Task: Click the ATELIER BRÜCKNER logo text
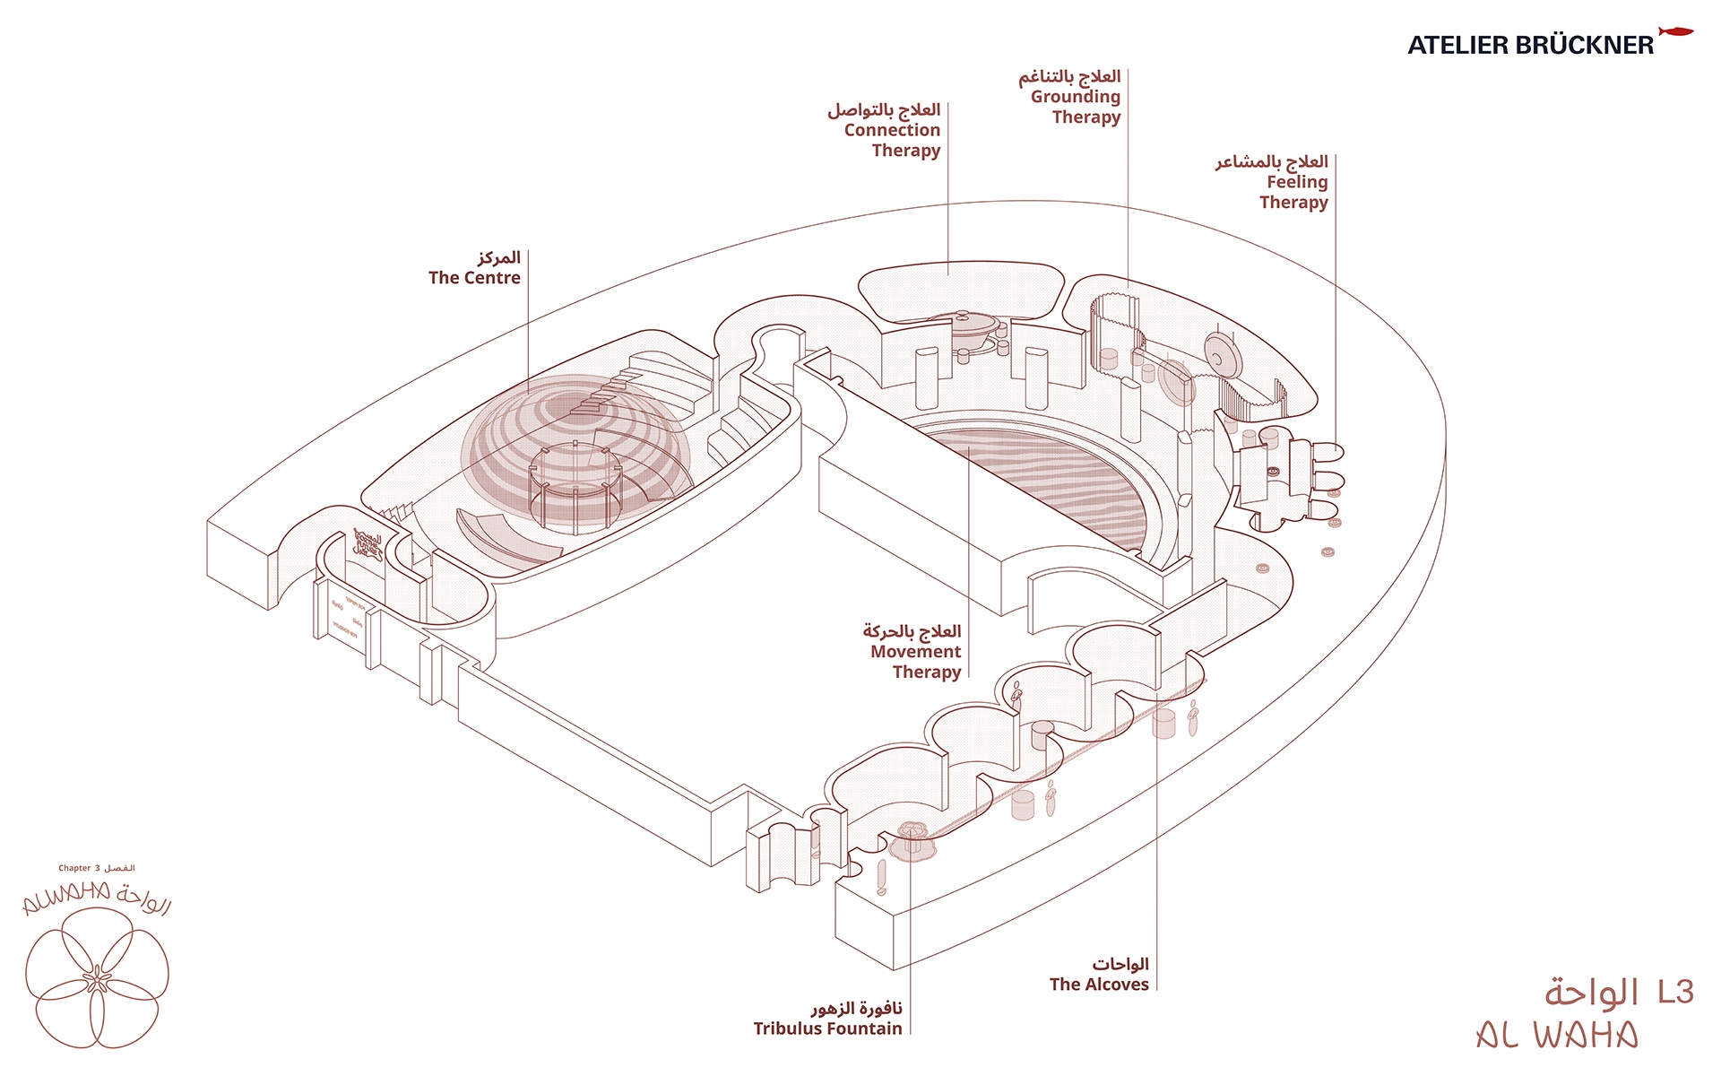point(1530,45)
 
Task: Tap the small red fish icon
point(1674,32)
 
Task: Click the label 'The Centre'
point(474,278)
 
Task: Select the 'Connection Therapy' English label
point(893,141)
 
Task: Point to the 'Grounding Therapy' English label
point(1076,107)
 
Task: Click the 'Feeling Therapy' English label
point(1294,192)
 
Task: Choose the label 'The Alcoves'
point(1099,985)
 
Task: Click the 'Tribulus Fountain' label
point(827,1028)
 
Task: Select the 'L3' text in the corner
point(1674,992)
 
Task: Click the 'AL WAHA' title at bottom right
point(1558,1036)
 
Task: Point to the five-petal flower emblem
point(97,977)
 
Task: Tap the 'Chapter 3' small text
point(80,868)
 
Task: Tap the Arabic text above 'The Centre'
point(498,258)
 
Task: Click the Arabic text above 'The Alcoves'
point(1120,964)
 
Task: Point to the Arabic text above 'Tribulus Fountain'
point(856,1008)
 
